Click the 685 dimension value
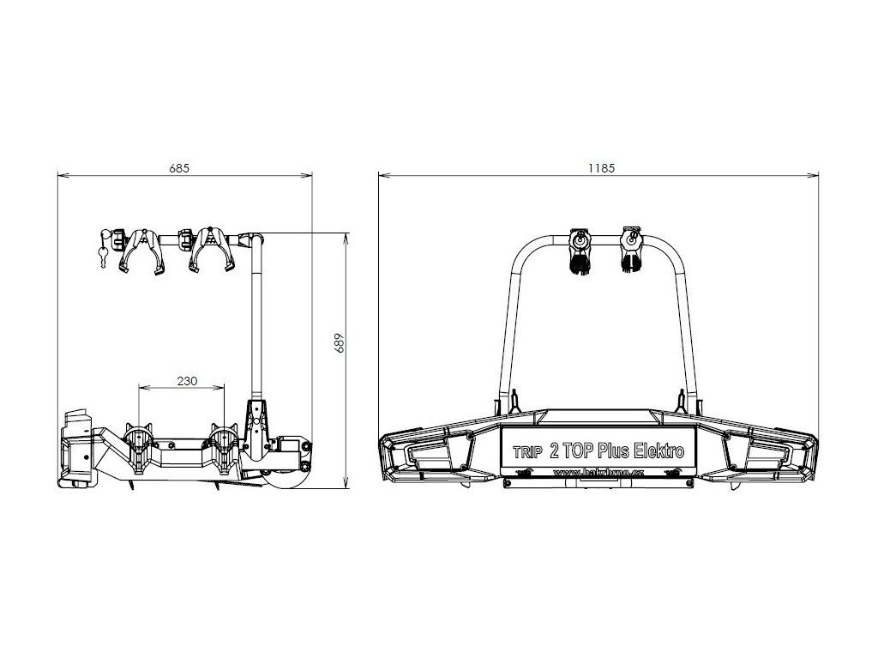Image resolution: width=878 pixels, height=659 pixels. coord(179,169)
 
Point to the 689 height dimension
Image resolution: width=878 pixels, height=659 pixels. coord(340,343)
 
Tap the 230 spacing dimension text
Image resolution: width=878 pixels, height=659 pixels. coord(187,380)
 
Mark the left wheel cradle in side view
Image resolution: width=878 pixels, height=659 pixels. coord(140,446)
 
